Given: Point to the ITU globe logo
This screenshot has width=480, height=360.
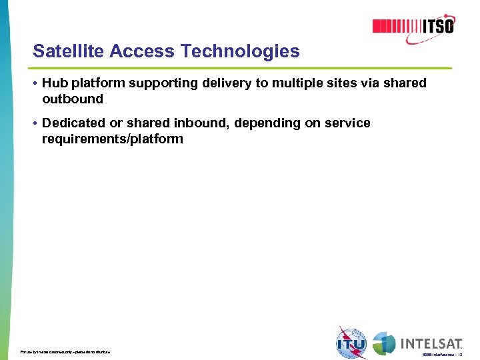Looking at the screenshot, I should coord(351,343).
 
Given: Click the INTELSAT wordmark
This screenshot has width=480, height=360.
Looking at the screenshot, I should coord(431,344).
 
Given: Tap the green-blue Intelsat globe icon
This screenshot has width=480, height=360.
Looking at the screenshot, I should coord(384,343).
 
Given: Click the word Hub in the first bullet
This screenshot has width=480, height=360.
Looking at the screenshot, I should coord(53,83).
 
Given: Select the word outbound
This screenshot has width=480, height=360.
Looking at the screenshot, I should coord(73,99).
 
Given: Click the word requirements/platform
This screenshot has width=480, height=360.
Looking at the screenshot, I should coord(112,139).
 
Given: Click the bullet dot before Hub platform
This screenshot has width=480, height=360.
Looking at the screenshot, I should coord(34,83).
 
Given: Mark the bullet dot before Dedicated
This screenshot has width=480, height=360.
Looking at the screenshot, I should coord(34,123).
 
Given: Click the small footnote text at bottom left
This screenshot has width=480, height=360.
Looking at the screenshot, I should coord(65,351).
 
